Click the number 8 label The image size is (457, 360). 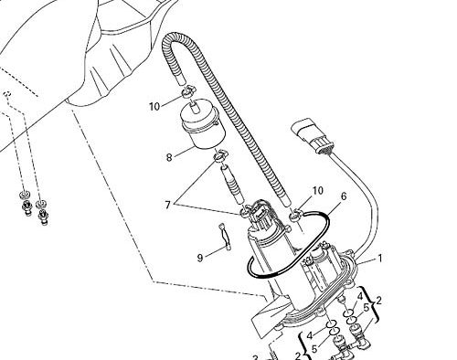coord(169,157)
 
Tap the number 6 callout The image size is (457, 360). coord(344,196)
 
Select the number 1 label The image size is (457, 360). coord(379,259)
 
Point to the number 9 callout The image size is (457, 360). coord(200,259)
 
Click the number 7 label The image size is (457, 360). coord(167,205)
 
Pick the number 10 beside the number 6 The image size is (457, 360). coord(317,191)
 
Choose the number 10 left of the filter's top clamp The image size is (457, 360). coord(154,107)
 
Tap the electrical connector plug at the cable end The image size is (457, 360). coord(313,137)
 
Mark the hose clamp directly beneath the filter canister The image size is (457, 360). coord(220,156)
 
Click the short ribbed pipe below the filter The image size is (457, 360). coord(233,184)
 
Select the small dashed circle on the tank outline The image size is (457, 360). coord(7,94)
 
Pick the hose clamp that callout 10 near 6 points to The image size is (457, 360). coord(295,215)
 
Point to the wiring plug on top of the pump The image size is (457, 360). coord(258,214)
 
